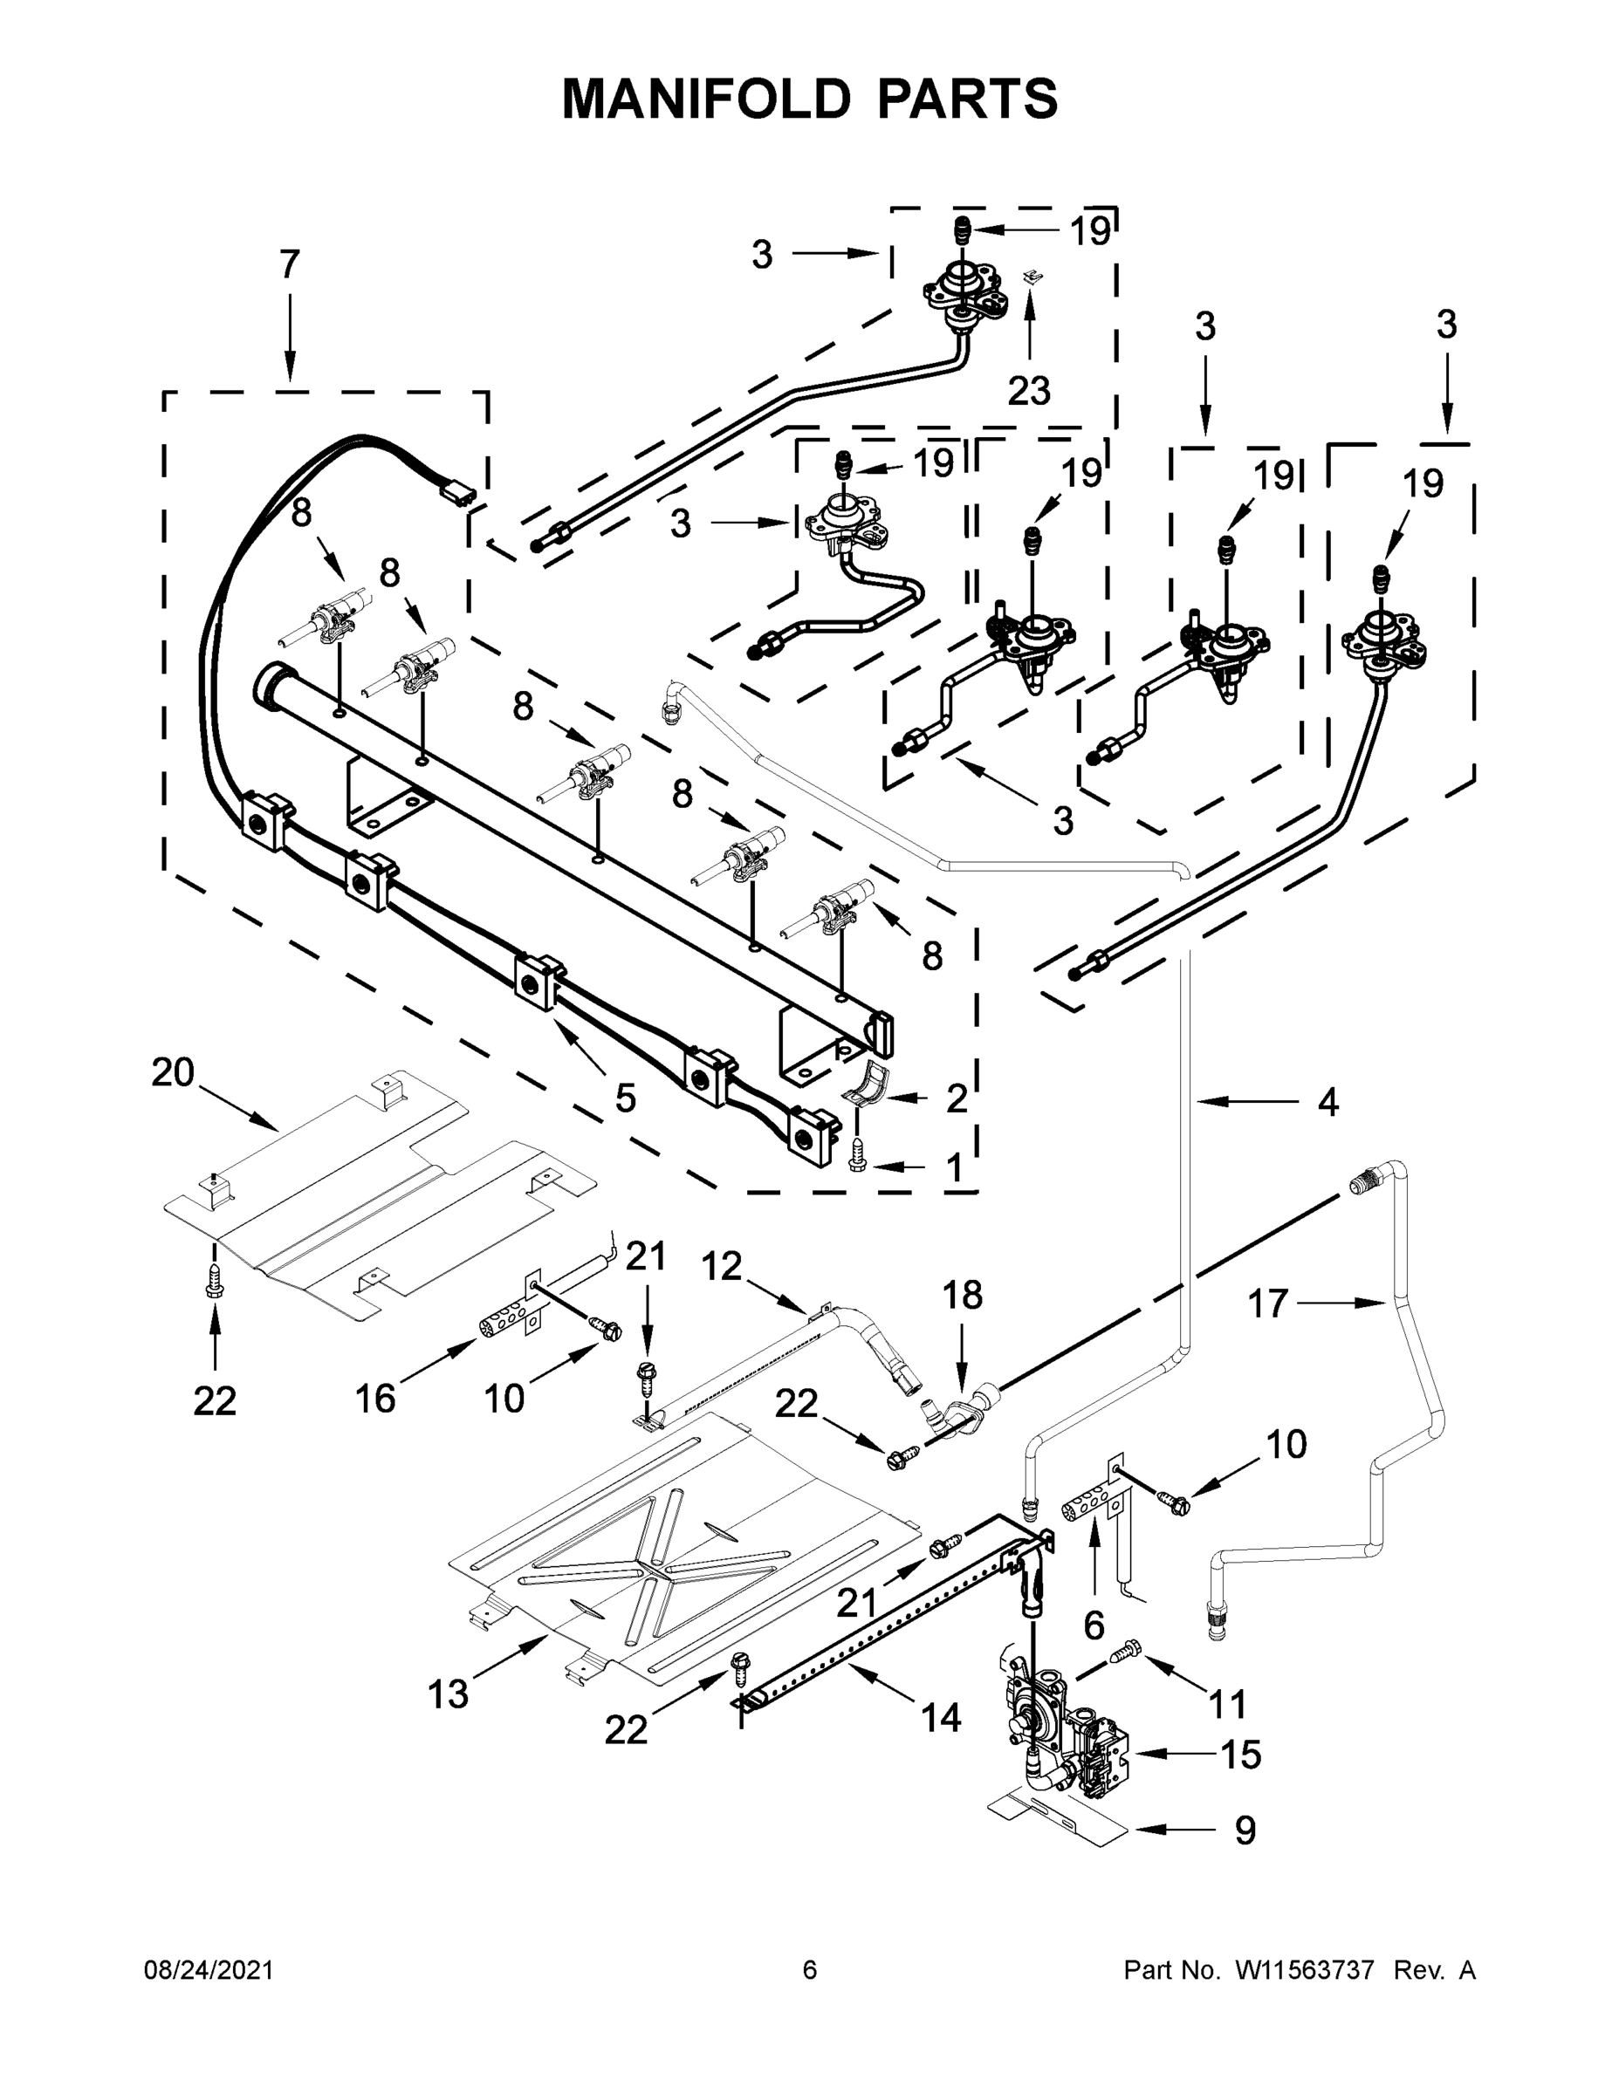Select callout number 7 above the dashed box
click(x=290, y=264)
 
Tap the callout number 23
click(x=1028, y=390)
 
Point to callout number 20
click(x=173, y=1072)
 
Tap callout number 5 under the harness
click(x=624, y=1098)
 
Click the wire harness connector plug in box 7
click(x=456, y=494)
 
